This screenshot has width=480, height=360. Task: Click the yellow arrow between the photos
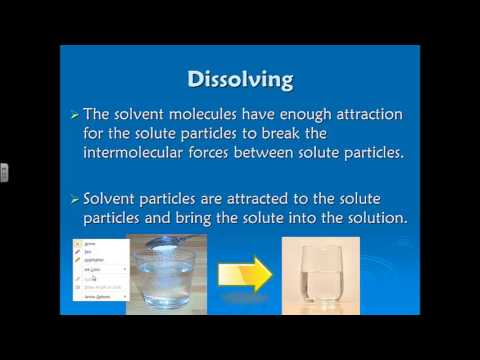pyautogui.click(x=245, y=271)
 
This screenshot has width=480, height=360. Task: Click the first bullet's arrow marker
pyautogui.click(x=87, y=118)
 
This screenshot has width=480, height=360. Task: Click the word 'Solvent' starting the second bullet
pyautogui.click(x=128, y=200)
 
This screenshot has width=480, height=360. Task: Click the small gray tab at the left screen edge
pyautogui.click(x=3, y=171)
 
